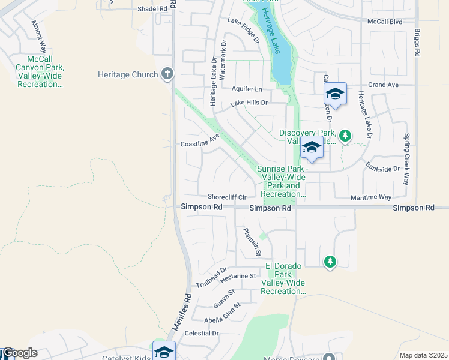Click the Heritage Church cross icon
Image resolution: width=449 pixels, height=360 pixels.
(167, 74)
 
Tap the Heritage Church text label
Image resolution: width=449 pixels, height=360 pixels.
(128, 75)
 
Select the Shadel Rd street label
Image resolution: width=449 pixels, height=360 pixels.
(152, 9)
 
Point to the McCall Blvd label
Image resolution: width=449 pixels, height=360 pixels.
(384, 21)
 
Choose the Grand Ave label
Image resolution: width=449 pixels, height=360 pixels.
(384, 85)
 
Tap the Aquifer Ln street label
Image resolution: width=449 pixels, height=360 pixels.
(247, 89)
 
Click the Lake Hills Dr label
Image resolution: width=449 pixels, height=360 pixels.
(249, 103)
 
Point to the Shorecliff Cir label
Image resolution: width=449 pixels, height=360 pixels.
(228, 197)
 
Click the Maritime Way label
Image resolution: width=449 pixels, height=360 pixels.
(372, 197)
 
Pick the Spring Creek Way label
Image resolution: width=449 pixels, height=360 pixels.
(407, 158)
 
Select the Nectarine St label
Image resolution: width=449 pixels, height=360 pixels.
(238, 277)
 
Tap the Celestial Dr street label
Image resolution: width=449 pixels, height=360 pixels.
(202, 333)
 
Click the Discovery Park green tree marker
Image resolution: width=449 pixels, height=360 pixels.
(345, 136)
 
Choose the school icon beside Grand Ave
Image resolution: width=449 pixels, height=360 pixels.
(335, 94)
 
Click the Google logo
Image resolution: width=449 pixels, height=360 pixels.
(19, 353)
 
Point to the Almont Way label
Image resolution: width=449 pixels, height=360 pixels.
(39, 37)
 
